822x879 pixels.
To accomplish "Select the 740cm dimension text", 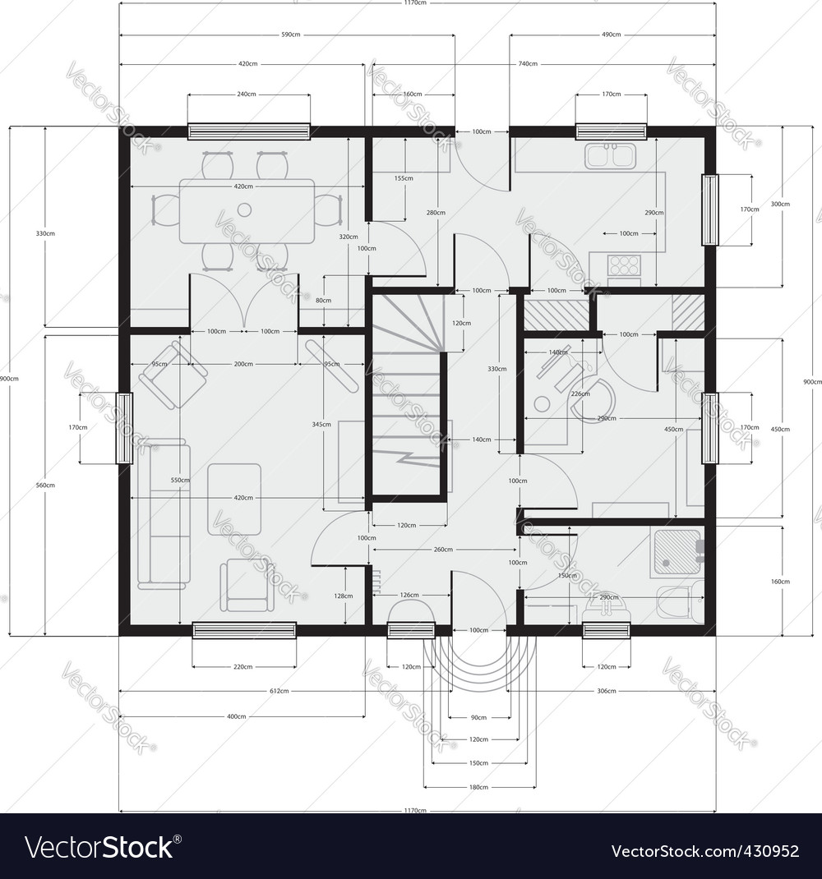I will click(x=528, y=64).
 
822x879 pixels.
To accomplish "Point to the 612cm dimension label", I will click(x=279, y=692).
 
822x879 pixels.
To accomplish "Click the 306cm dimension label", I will click(x=606, y=692).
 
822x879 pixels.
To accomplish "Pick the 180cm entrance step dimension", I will click(x=478, y=787).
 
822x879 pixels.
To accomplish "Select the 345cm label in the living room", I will click(x=321, y=425).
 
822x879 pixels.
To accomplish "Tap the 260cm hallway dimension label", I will click(x=443, y=550).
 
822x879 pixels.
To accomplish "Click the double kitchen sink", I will click(x=610, y=155).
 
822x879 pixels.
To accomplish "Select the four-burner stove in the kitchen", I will click(x=624, y=265).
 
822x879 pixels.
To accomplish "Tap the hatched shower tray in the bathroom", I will click(x=675, y=553).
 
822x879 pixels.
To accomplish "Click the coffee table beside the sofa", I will click(x=234, y=499).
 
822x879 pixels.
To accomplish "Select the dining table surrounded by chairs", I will click(x=247, y=211).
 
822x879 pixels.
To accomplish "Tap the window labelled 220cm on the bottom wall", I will click(x=244, y=630).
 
